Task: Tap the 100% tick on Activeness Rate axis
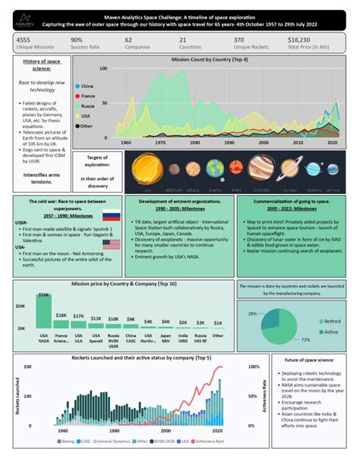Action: pyautogui.click(x=232, y=366)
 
